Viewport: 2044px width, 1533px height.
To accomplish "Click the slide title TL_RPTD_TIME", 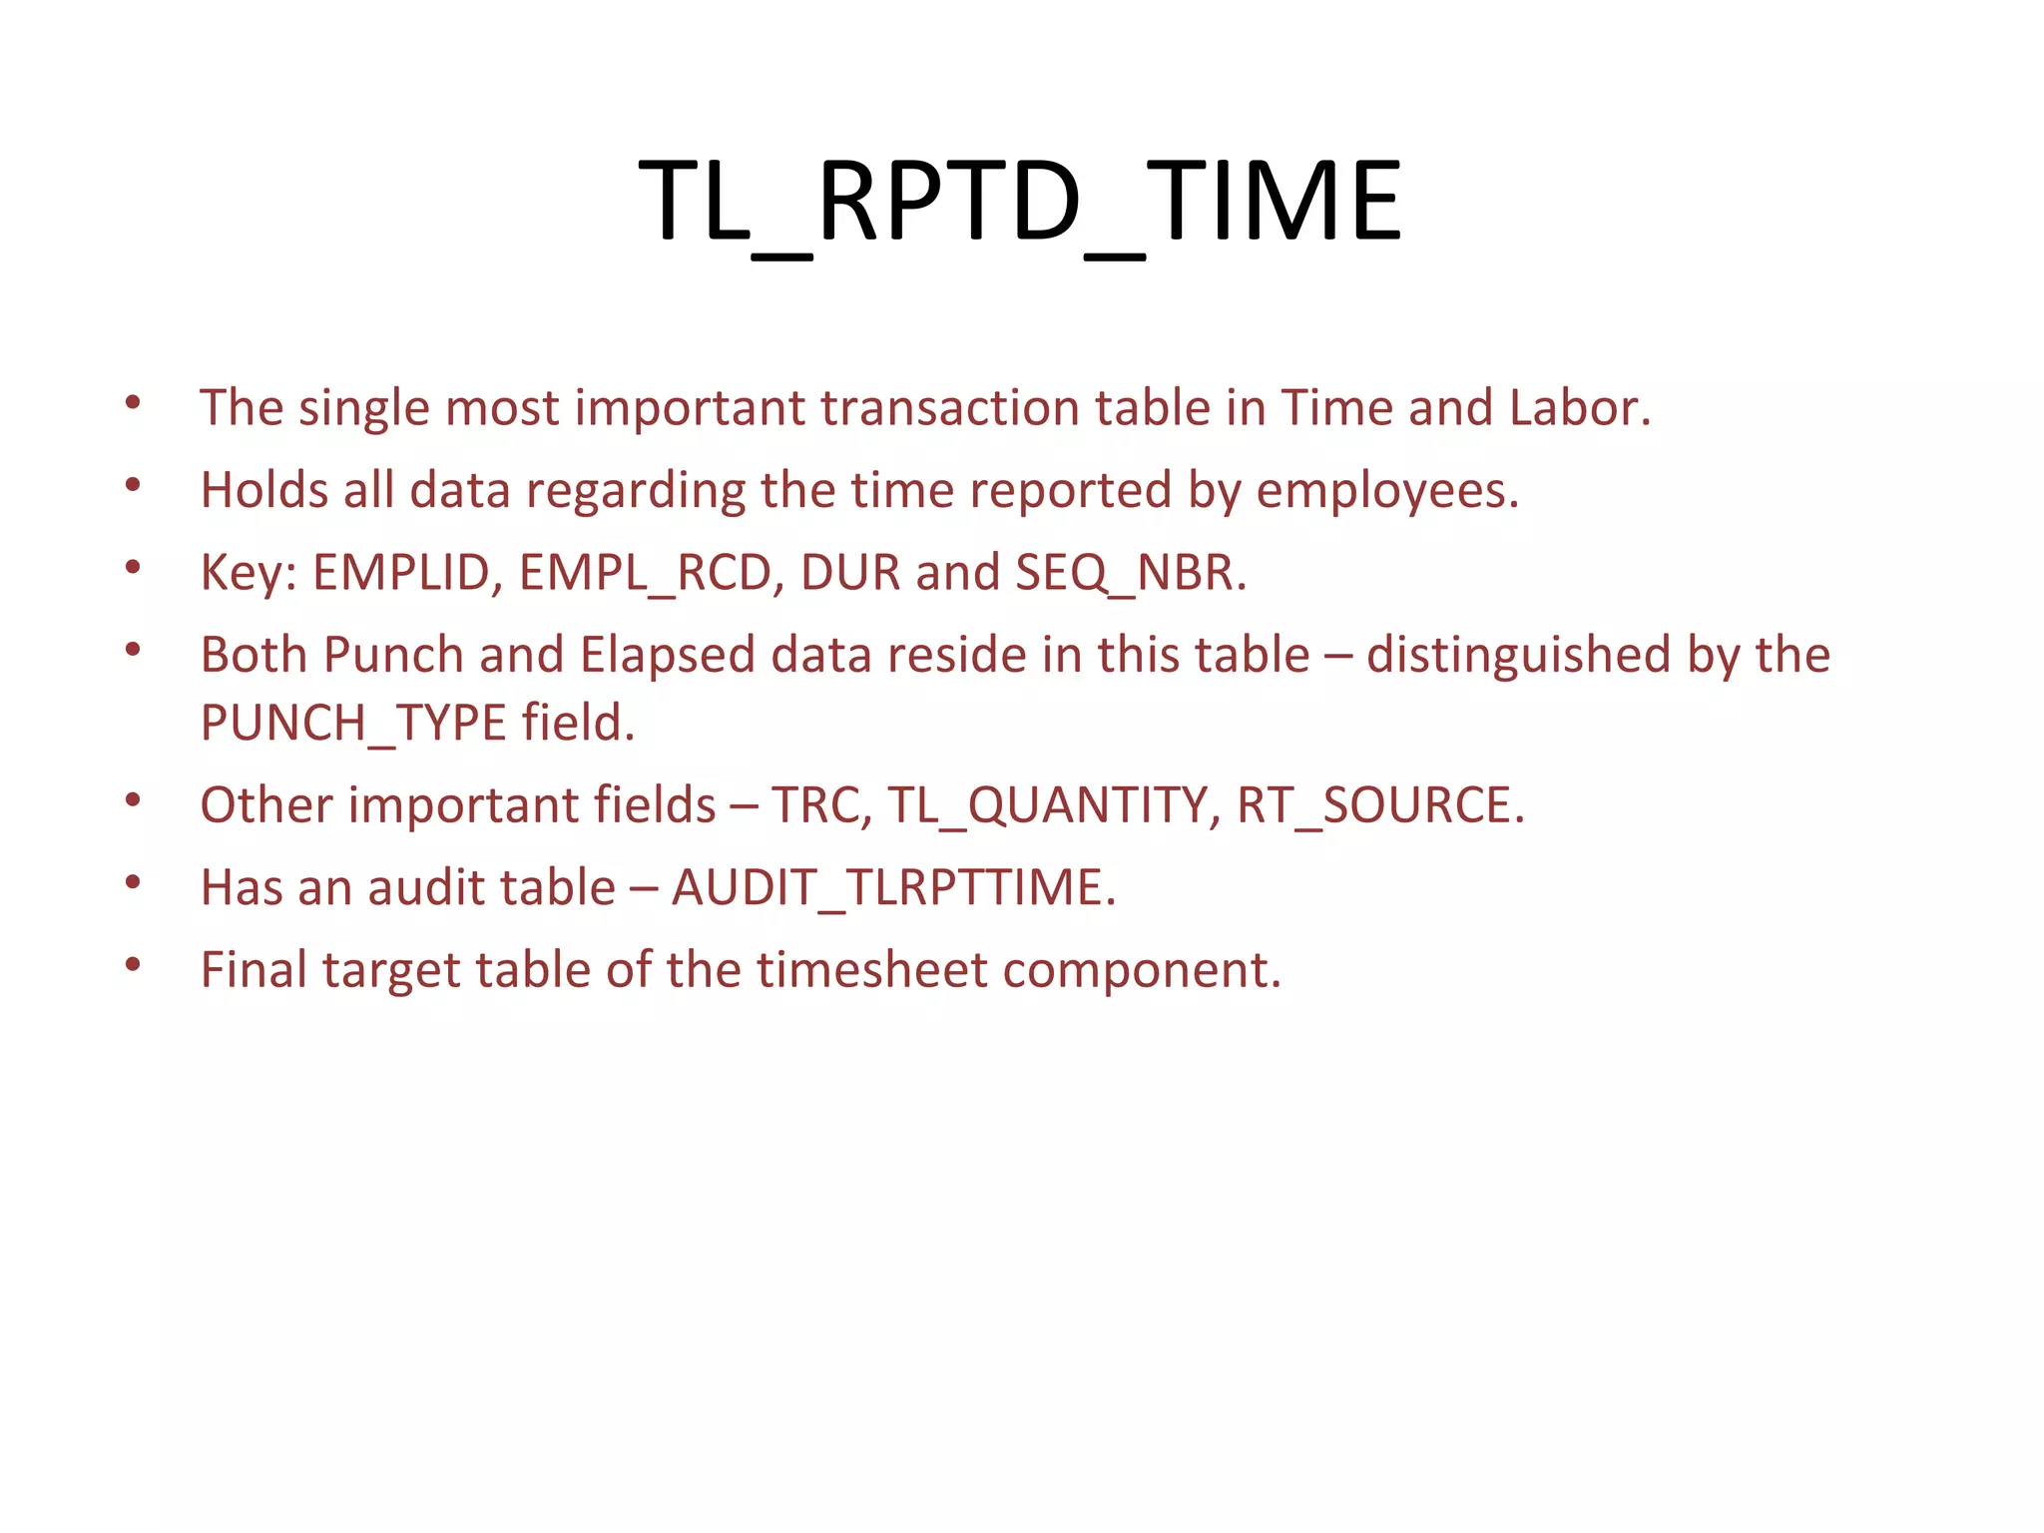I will click(1020, 203).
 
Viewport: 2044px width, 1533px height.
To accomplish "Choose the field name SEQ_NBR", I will click(1128, 574).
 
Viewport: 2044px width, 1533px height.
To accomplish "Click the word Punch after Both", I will click(393, 656).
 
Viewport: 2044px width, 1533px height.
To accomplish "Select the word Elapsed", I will click(667, 657).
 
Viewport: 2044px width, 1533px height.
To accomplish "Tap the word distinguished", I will click(1518, 657).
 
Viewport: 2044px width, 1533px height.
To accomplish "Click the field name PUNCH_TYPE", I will click(353, 724).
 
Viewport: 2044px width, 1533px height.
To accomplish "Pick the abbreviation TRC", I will click(817, 805).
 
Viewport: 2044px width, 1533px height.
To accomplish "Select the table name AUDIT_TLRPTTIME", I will click(891, 888).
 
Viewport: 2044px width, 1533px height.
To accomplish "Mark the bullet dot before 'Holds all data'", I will click(133, 486).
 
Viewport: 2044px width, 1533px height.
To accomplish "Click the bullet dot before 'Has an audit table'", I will click(133, 882).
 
